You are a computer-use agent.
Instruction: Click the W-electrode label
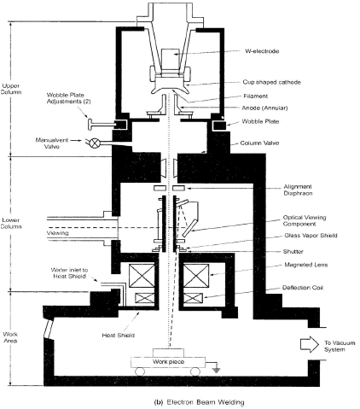point(262,51)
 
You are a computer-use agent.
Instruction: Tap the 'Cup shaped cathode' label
point(271,82)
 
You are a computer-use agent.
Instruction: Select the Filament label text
point(256,96)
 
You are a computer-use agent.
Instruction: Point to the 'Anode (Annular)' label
point(264,108)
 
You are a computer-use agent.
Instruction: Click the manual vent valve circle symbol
point(95,143)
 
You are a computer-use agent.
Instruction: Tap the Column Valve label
point(259,143)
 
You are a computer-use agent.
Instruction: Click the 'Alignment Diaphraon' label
point(298,190)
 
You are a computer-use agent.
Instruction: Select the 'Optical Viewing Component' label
point(305,220)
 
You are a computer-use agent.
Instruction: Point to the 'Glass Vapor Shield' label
point(311,236)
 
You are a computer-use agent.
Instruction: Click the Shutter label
point(293,251)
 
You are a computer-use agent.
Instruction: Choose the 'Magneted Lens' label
point(306,265)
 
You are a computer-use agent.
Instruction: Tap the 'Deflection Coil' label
point(303,288)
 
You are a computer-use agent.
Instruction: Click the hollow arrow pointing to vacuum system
point(310,344)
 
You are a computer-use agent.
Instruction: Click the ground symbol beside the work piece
point(216,370)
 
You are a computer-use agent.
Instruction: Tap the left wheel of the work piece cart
point(140,371)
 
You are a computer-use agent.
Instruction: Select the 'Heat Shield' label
point(118,335)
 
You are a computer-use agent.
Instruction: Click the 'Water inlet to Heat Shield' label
point(69,273)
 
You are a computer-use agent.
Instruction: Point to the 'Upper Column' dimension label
point(11,89)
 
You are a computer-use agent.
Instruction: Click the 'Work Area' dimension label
point(10,337)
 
